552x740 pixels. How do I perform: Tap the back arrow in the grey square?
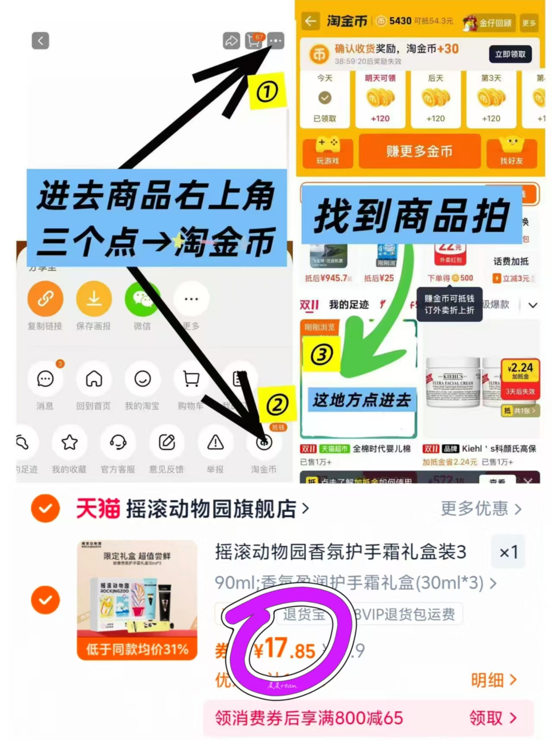[41, 41]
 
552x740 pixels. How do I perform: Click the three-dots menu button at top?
[276, 41]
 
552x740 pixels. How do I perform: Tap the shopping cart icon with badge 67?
[254, 41]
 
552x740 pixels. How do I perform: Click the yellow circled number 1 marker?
[267, 92]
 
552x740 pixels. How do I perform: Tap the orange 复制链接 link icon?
[45, 299]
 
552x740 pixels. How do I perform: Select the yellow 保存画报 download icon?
[94, 299]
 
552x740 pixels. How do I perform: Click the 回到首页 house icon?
[94, 379]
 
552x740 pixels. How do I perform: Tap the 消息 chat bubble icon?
[45, 379]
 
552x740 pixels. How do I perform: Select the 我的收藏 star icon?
[69, 442]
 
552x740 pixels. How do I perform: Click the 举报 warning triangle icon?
[215, 442]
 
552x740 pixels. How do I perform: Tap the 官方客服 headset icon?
[118, 442]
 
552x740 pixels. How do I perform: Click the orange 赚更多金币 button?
[419, 151]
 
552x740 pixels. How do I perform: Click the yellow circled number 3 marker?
[322, 355]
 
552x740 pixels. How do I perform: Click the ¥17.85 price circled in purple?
[285, 649]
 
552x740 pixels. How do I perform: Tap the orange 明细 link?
[493, 680]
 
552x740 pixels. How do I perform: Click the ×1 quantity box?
[508, 552]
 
